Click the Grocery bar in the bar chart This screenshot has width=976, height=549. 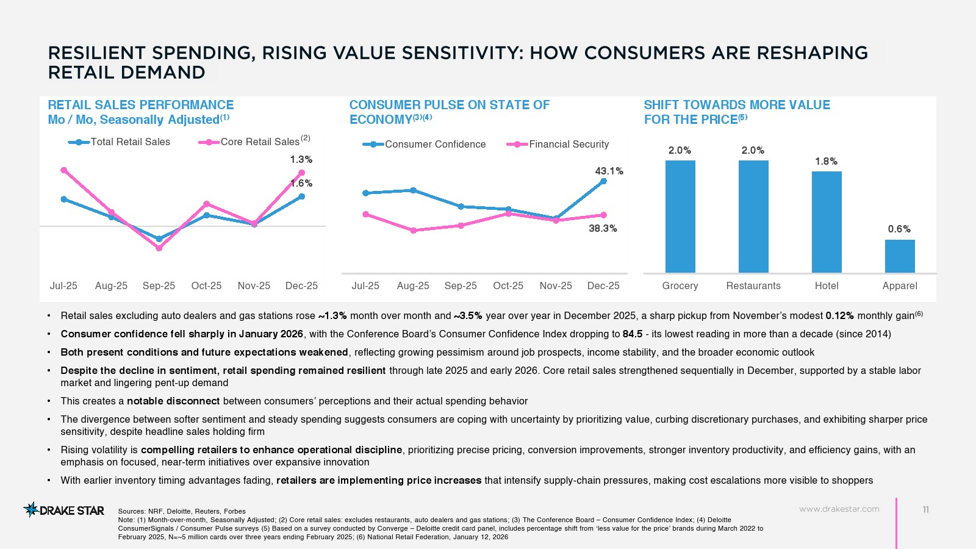(680, 216)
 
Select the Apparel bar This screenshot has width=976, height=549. (900, 256)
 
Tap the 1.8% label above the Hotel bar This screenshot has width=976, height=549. (827, 162)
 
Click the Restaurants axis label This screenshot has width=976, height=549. (753, 285)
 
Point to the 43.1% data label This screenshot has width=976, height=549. (609, 171)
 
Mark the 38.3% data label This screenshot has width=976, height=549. (603, 229)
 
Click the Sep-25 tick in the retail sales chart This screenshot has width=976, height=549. (159, 285)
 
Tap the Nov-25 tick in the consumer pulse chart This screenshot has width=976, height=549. (556, 285)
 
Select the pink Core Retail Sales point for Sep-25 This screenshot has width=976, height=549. (159, 248)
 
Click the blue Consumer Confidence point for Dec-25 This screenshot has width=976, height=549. (604, 181)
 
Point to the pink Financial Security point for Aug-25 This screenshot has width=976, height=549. (413, 231)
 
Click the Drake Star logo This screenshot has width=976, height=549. (64, 510)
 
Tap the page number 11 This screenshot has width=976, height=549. (926, 510)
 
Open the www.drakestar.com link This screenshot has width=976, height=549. (839, 509)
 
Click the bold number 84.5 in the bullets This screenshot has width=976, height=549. (633, 334)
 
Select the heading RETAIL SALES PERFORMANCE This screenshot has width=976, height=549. (141, 105)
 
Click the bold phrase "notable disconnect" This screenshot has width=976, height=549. (173, 401)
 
